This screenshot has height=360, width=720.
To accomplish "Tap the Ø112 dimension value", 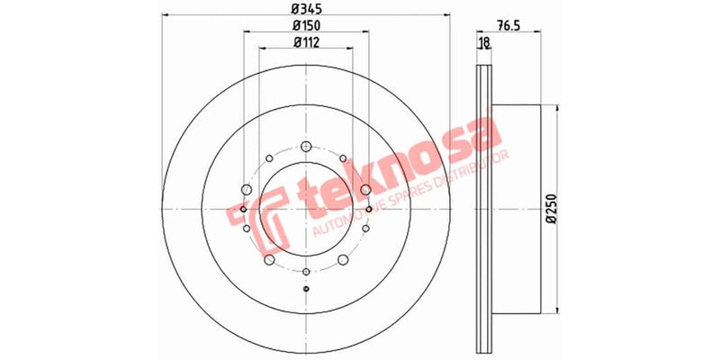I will tap(306, 41).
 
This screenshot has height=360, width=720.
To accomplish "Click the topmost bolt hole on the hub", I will tap(306, 146).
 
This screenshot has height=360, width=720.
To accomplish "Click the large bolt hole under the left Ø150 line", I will tap(246, 190).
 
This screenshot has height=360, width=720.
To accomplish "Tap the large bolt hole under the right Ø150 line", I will tap(365, 190).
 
